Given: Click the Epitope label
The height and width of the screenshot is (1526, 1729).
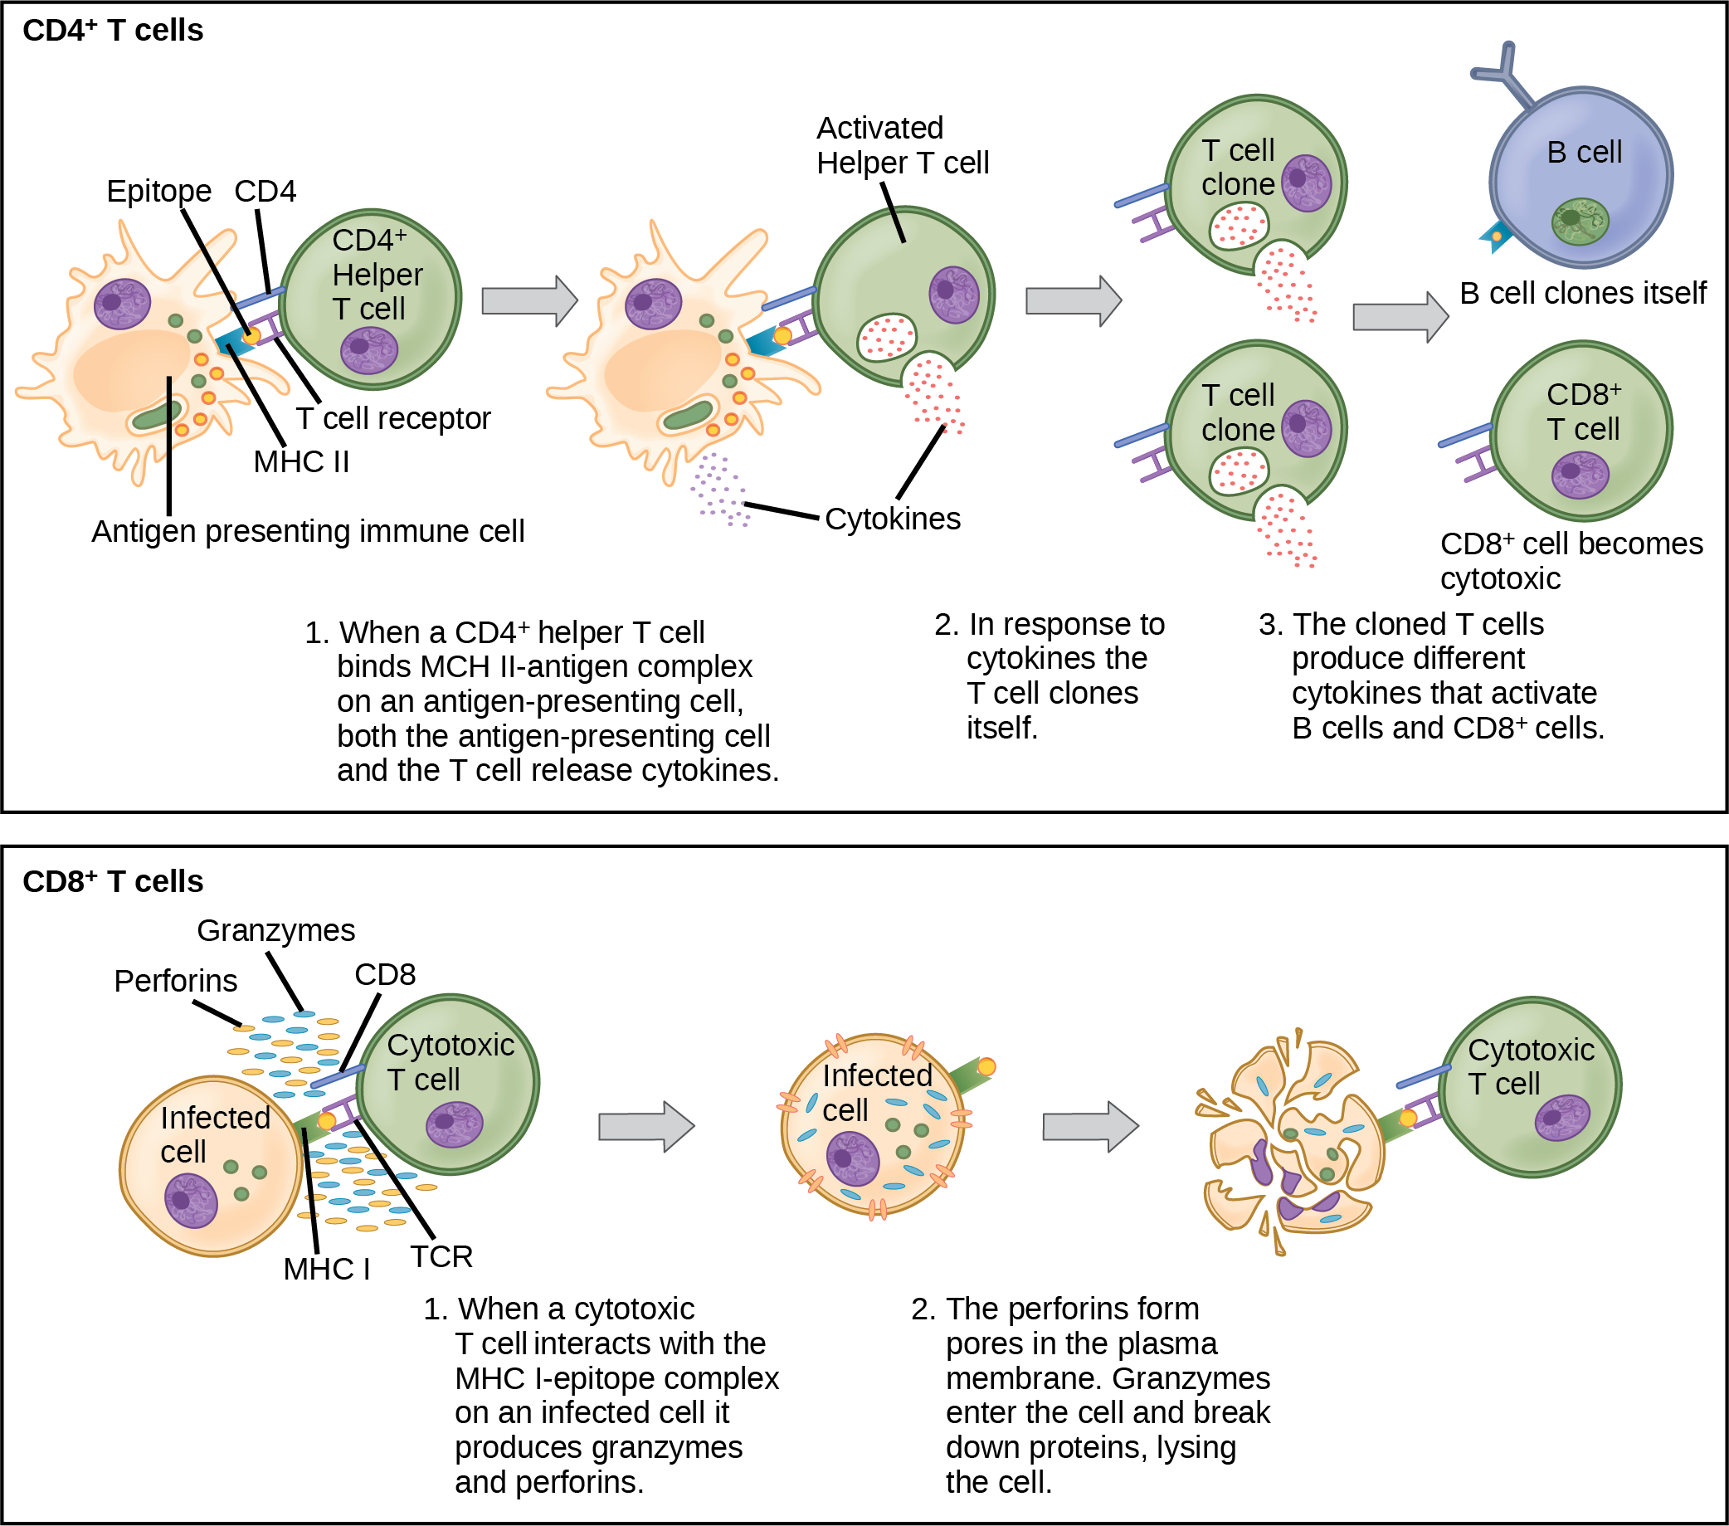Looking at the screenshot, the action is (159, 192).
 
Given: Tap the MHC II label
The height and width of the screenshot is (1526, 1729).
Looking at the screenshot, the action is (301, 462).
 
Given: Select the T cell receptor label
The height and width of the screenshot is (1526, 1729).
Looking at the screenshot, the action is (393, 419).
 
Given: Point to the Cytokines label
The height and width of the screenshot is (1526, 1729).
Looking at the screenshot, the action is (893, 519).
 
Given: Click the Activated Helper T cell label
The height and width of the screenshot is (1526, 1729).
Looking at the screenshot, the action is (903, 145).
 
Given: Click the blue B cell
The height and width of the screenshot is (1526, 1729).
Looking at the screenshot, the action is (1581, 178).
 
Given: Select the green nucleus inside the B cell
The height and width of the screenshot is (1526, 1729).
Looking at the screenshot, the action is (1580, 220).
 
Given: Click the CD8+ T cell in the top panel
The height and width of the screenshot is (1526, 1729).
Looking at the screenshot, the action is (1580, 431).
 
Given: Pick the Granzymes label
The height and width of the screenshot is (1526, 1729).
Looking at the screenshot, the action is (275, 930).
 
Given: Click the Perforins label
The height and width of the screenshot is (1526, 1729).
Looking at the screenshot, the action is (176, 982).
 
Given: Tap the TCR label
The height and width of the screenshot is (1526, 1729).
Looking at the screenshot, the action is (441, 1257).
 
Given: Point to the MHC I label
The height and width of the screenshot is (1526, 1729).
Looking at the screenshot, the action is (327, 1270).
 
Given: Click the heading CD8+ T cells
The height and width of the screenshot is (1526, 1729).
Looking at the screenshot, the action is (114, 881).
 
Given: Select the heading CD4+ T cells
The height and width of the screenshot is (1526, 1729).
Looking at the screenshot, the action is (114, 31).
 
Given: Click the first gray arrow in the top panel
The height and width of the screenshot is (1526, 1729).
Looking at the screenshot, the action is (529, 300).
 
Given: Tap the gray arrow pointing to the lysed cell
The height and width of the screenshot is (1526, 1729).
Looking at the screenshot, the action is (1091, 1127).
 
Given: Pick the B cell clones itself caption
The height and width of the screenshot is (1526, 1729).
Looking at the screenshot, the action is (1583, 294).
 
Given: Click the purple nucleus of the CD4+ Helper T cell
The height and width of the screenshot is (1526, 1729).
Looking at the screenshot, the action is (370, 349).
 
